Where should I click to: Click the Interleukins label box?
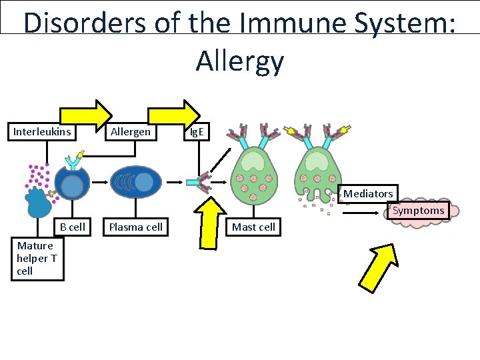point(42,132)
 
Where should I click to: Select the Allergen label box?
point(131,132)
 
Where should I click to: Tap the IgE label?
point(197,132)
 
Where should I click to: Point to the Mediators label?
point(368,193)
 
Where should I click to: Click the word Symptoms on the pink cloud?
point(418,211)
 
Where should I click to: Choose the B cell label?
point(72,227)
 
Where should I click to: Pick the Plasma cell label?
point(135,227)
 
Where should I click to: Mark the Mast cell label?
point(253,227)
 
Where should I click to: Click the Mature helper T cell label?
point(37,258)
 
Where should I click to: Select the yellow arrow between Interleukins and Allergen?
point(87,117)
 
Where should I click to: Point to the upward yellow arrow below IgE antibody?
point(213,225)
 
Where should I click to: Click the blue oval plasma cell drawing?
point(135,181)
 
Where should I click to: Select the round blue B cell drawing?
point(71,181)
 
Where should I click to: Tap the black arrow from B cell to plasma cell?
point(99,181)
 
